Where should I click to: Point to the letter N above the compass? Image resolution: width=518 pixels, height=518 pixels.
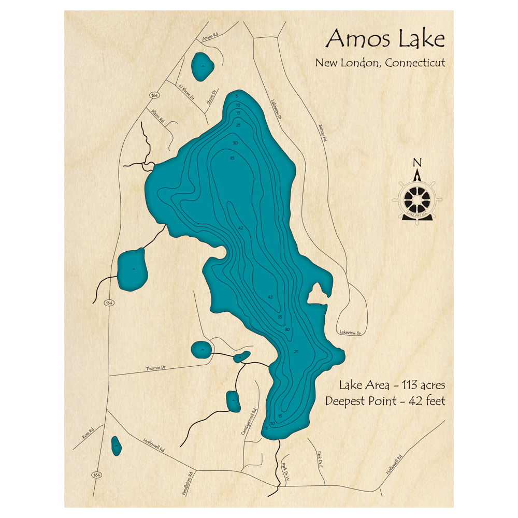tap(417, 163)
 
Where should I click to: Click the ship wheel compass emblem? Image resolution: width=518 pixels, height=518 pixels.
tap(417, 199)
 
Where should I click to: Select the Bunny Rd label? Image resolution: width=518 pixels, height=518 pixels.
tap(323, 133)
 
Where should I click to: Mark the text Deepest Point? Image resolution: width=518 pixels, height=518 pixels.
tap(359, 401)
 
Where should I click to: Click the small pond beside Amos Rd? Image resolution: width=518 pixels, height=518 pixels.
tap(202, 66)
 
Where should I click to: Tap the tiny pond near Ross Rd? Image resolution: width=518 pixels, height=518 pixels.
tap(117, 445)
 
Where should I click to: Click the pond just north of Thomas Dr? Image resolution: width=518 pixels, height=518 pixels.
tap(202, 350)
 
